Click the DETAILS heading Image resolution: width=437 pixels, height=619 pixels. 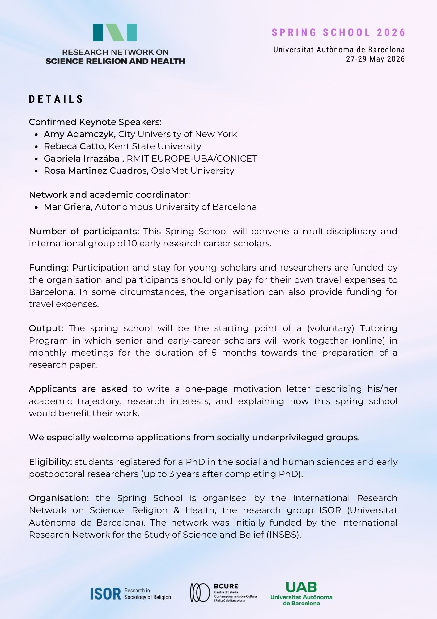[56, 99]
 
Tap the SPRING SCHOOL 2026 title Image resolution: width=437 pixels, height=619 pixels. [338, 32]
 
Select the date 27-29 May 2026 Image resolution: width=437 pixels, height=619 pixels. [375, 59]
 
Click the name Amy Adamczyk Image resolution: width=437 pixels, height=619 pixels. [79, 134]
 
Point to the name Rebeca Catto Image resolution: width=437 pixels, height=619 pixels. [75, 146]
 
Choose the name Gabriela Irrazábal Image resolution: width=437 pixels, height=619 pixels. [84, 158]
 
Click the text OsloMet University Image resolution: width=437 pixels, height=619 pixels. [193, 171]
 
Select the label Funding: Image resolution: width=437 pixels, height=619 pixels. [49, 267]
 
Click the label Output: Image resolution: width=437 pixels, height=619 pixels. [46, 328]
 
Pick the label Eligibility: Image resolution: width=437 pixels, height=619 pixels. [50, 462]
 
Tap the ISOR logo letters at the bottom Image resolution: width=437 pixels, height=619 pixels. [105, 594]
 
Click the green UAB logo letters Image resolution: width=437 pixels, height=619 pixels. [301, 587]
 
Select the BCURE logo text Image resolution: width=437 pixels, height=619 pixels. [226, 586]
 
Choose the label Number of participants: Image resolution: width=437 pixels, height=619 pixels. [84, 231]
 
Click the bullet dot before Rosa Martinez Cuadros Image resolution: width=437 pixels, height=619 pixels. [36, 171]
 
